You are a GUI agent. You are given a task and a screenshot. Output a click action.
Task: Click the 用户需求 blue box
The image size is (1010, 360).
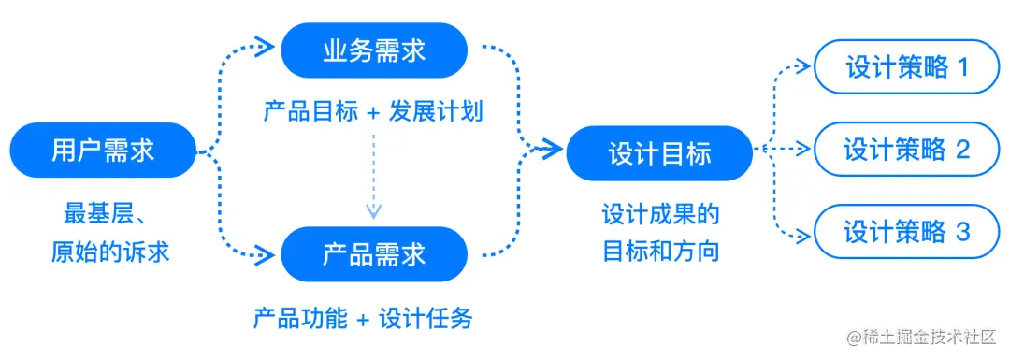[103, 151]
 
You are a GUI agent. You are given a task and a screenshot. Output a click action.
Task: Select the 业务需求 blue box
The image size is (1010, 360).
[374, 51]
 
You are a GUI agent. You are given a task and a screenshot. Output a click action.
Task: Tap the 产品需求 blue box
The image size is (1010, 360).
[374, 253]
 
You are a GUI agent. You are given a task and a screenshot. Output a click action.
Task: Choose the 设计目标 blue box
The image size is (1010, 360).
[659, 153]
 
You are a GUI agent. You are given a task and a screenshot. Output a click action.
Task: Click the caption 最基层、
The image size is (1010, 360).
[103, 213]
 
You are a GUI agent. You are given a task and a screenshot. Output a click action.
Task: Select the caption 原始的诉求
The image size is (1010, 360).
[110, 251]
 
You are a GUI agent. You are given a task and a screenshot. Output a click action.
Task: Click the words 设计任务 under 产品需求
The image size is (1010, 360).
[426, 319]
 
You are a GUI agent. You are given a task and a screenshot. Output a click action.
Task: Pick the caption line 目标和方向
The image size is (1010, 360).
[660, 250]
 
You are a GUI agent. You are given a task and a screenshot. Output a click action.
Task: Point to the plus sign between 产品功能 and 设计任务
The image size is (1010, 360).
[363, 320]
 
